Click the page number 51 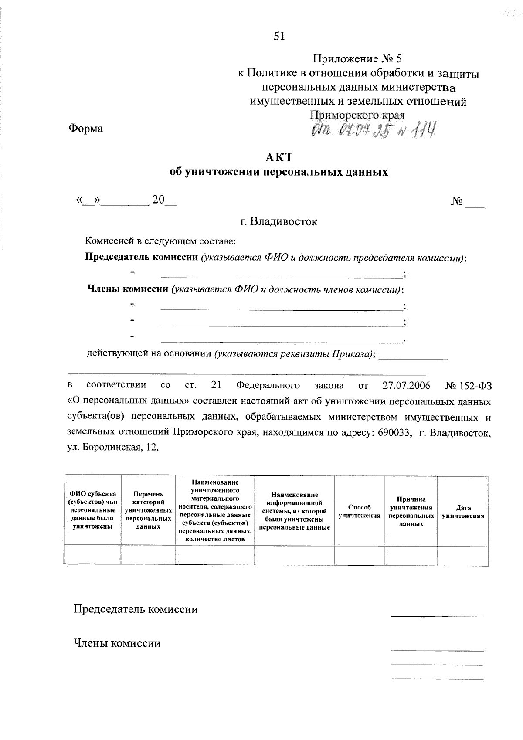pyautogui.click(x=279, y=37)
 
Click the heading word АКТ pyautogui.click(x=279, y=157)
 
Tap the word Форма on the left pyautogui.click(x=85, y=129)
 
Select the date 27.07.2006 pyautogui.click(x=406, y=386)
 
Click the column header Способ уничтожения pyautogui.click(x=360, y=511)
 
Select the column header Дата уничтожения pyautogui.click(x=463, y=511)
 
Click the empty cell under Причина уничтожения pyautogui.click(x=411, y=556)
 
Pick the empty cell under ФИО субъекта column pyautogui.click(x=92, y=556)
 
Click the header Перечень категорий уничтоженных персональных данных pyautogui.click(x=148, y=510)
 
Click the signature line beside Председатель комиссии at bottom pyautogui.click(x=437, y=615)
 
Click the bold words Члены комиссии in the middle pyautogui.click(x=128, y=289)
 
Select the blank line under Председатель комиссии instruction pyautogui.click(x=282, y=277)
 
